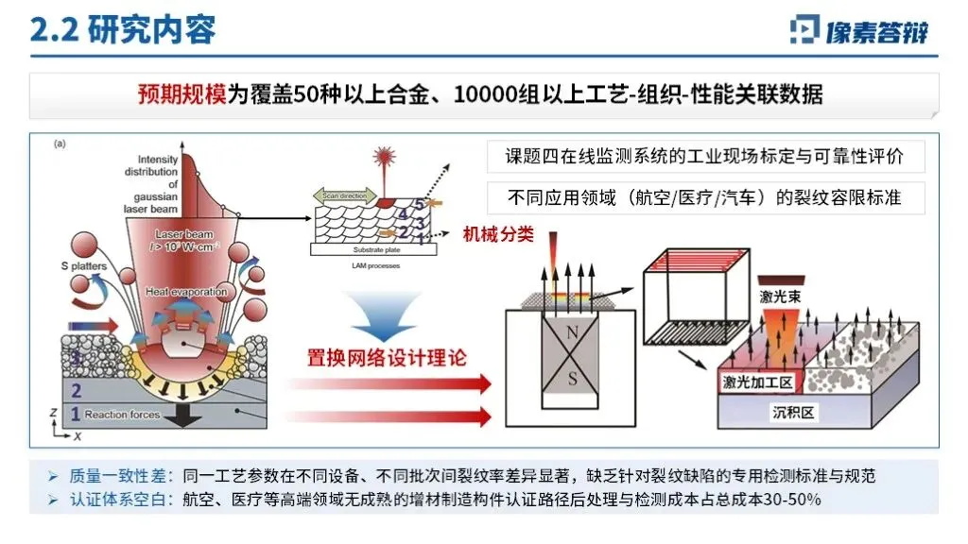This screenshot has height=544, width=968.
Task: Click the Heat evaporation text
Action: coord(186,292)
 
